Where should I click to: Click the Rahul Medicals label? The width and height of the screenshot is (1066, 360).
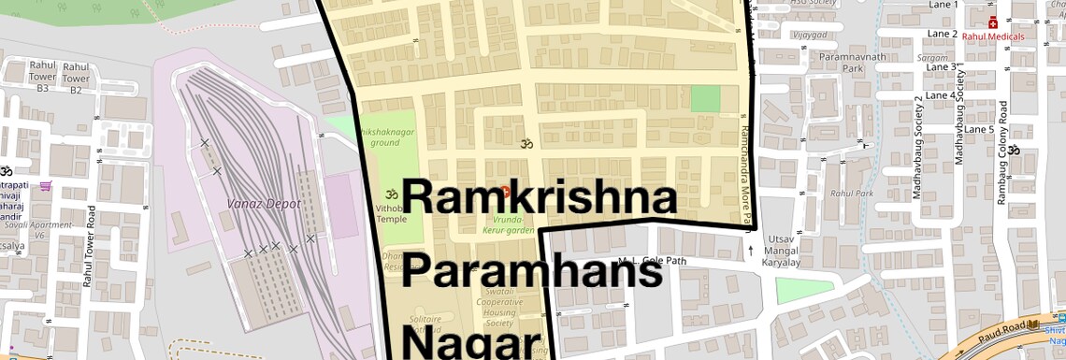(992, 37)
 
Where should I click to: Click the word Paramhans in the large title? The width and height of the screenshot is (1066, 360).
(536, 272)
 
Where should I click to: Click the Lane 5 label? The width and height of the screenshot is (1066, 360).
(979, 129)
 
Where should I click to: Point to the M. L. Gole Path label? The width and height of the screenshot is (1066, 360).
(653, 261)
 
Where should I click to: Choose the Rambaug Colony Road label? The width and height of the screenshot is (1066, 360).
(1001, 153)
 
